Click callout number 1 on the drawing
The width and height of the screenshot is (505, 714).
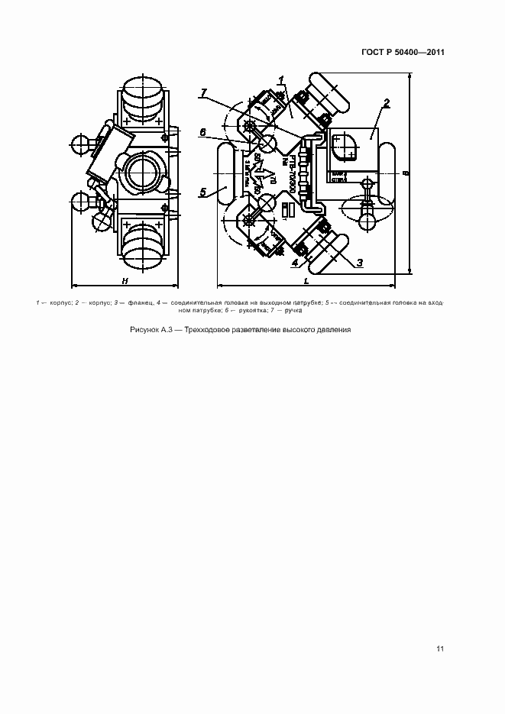point(282,79)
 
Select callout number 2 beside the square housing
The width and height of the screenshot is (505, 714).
point(387,102)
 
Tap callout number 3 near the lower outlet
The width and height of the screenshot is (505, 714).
point(360,262)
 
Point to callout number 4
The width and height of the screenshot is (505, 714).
point(294,263)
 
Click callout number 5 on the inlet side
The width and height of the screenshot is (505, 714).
point(203,192)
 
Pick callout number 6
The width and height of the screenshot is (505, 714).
point(202,131)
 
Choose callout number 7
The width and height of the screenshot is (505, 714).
point(203,92)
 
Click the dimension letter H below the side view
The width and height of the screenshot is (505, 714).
point(124,282)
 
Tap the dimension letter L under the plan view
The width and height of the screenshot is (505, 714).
point(306,282)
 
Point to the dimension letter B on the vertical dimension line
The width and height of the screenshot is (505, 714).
point(406,173)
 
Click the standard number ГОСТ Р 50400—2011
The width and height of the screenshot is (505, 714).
point(403,52)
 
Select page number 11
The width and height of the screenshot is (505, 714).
point(440,649)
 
